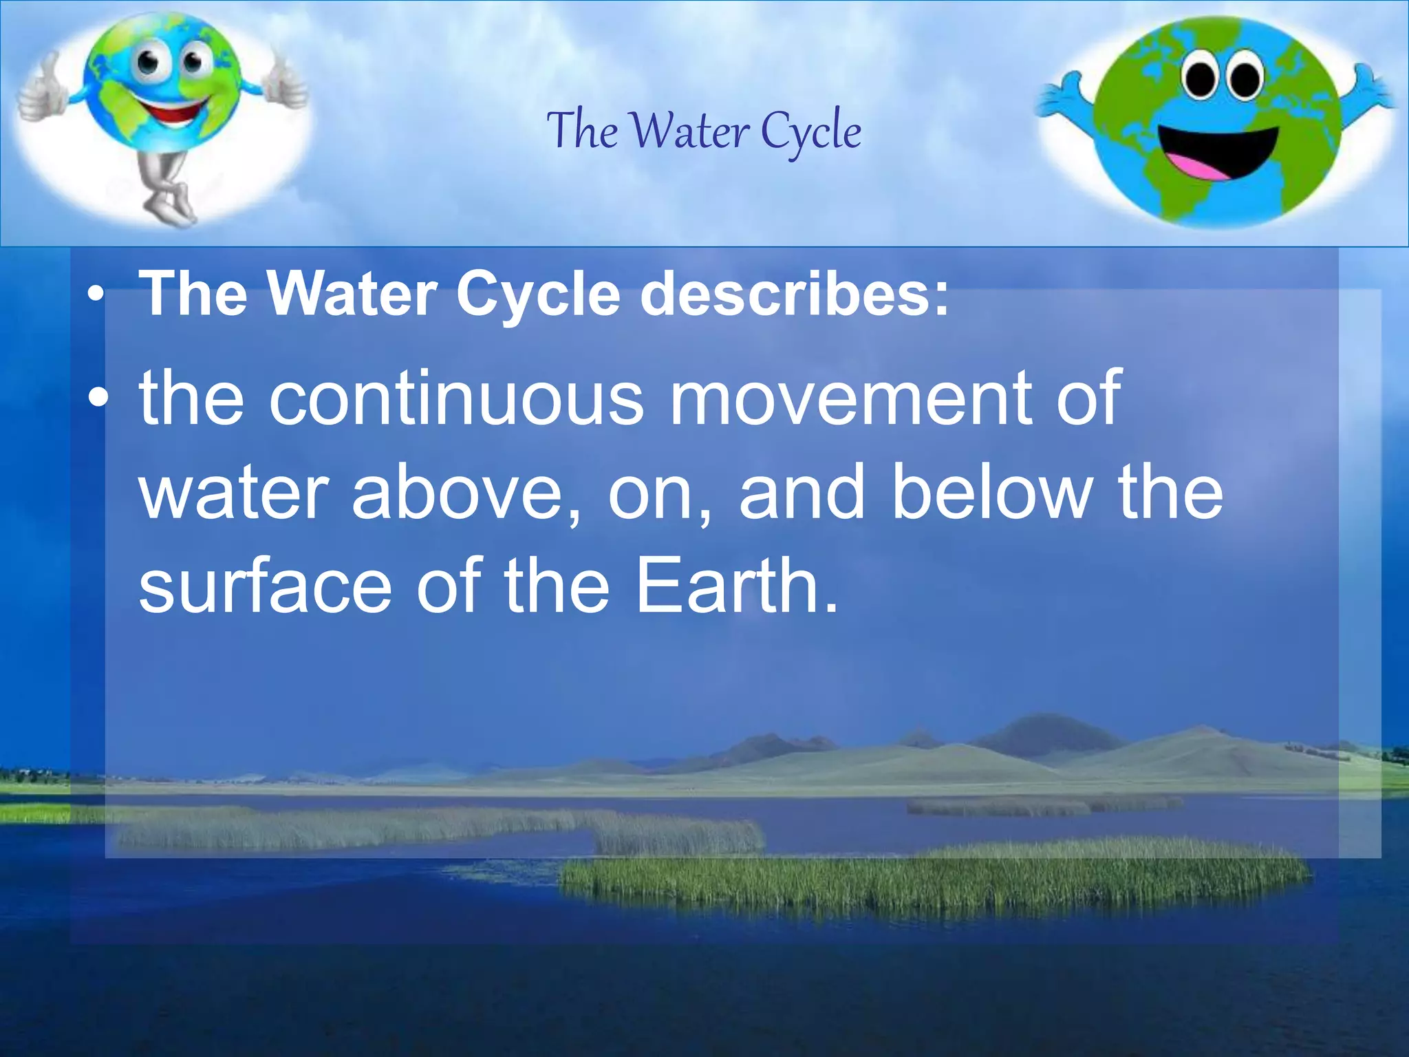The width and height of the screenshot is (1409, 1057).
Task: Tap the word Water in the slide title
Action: point(690,131)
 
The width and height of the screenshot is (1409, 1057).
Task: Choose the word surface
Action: point(265,586)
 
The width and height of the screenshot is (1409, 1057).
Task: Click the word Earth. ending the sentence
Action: point(736,586)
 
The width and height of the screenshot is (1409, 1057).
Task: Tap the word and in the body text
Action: point(802,493)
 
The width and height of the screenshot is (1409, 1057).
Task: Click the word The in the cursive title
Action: point(582,131)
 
